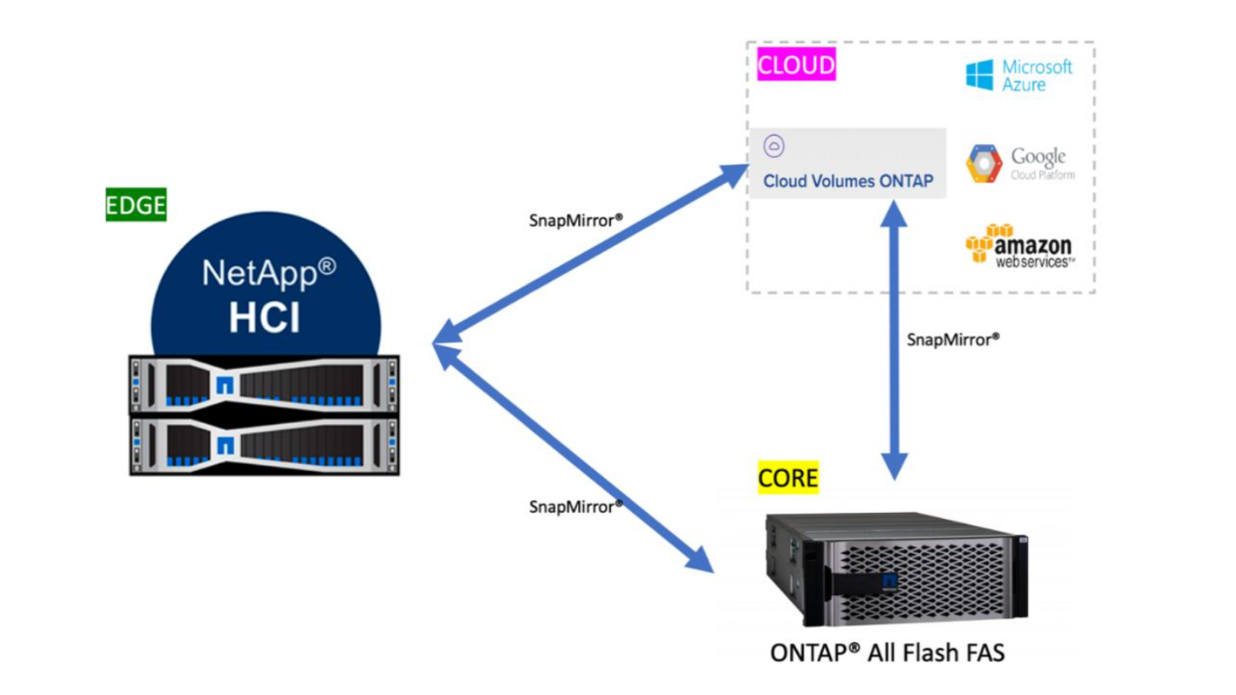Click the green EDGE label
coord(136,205)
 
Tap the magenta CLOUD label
coord(796,64)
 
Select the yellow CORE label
coord(788,478)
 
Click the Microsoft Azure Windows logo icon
coord(979,75)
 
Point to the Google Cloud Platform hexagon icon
coord(984,163)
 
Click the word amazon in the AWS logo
coord(1033,245)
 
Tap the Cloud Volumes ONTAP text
coord(848,181)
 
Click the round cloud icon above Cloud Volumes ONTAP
coord(774,146)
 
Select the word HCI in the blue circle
coord(265,317)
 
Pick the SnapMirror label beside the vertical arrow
coord(953,340)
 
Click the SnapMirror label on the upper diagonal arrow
coord(576,221)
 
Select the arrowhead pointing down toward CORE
coord(894,465)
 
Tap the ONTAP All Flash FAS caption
coord(887,653)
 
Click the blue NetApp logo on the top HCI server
coord(225,385)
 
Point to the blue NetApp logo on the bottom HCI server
coord(225,445)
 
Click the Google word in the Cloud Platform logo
coord(1038,156)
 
